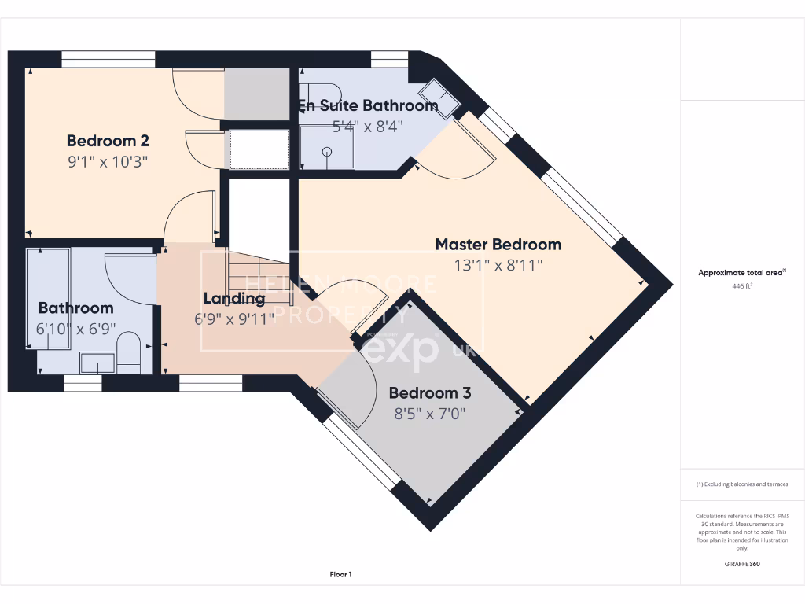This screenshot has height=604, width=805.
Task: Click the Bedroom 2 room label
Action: click(x=108, y=142)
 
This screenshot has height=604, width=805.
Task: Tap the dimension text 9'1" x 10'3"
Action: click(x=108, y=162)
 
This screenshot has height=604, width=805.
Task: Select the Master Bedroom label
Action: click(x=498, y=245)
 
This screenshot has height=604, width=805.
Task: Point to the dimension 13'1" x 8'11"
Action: click(x=498, y=265)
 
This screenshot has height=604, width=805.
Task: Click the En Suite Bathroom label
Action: click(x=367, y=105)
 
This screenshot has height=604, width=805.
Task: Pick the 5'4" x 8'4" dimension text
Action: click(x=367, y=126)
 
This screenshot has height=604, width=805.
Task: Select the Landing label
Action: click(x=234, y=299)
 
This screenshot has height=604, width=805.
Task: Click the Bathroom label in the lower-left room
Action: click(x=75, y=308)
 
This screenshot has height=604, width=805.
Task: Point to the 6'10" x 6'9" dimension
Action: click(x=75, y=329)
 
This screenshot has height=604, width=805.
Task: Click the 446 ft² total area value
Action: click(x=741, y=286)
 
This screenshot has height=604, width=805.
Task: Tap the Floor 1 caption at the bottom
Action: click(x=340, y=575)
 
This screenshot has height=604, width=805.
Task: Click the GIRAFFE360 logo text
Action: click(x=741, y=564)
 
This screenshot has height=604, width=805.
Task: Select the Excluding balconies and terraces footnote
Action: click(x=741, y=484)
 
